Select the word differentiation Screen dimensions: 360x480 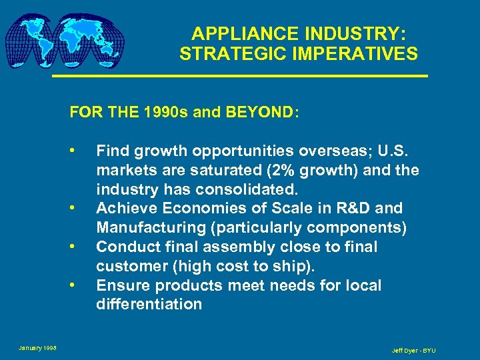click(149, 305)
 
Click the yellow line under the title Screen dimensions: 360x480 click(239, 77)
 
